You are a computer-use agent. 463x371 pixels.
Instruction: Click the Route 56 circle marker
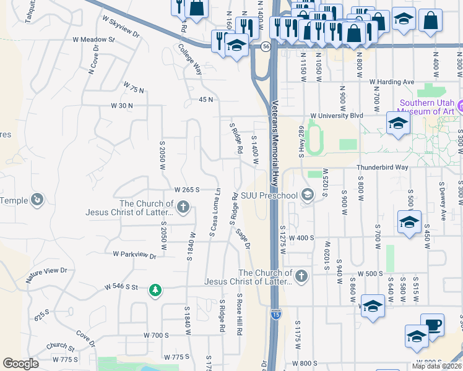[265, 47]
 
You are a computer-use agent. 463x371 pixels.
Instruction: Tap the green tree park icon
[155, 289]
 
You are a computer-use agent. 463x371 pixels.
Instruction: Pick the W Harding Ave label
[391, 82]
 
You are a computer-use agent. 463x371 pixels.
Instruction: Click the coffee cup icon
[432, 325]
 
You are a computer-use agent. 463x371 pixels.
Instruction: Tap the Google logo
[20, 364]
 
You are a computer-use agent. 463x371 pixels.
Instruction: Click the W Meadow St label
[94, 40]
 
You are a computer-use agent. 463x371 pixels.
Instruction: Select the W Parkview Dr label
[135, 254]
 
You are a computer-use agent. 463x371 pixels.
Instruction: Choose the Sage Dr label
[243, 237]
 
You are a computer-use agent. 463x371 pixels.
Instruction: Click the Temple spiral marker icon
[37, 200]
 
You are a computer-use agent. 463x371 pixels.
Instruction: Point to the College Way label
[190, 59]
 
